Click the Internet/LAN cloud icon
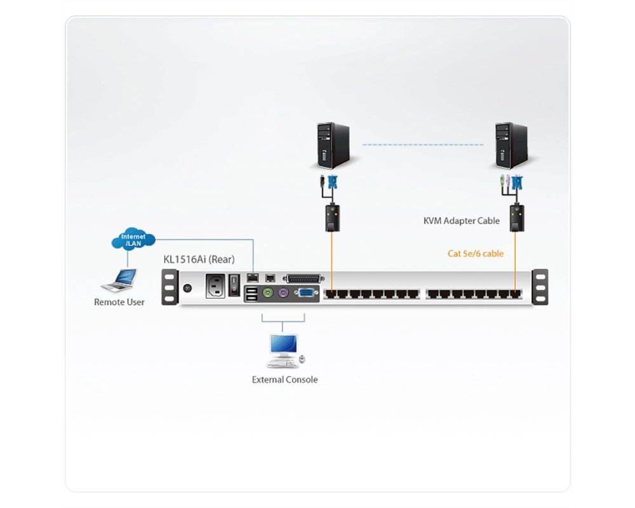(x=133, y=239)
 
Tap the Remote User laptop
(x=119, y=280)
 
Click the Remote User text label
(x=119, y=302)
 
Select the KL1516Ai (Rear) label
(x=199, y=259)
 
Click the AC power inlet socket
(x=215, y=286)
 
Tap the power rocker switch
(x=234, y=285)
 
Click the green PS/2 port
(x=267, y=292)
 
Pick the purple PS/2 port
(x=283, y=292)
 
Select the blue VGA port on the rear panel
(x=306, y=293)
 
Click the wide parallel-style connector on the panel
(x=304, y=279)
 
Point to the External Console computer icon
(x=285, y=351)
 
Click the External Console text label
(x=284, y=380)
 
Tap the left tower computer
(x=333, y=145)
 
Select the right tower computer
(x=511, y=145)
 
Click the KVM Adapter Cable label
(x=461, y=221)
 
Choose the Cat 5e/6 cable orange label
(x=476, y=253)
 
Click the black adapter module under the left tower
(x=333, y=218)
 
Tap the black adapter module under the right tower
(x=517, y=218)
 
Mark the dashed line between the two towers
(x=423, y=145)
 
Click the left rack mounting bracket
(x=170, y=287)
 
